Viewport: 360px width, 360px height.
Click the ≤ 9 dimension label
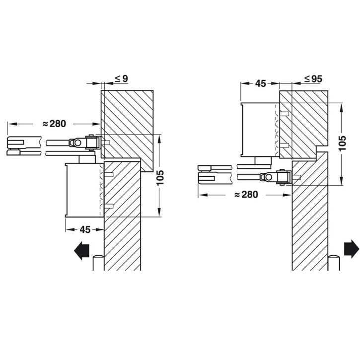tap(121, 79)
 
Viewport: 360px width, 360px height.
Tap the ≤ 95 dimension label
tap(313, 79)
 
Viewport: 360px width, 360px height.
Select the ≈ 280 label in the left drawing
tap(55, 124)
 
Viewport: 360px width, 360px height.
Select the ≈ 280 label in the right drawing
tap(246, 195)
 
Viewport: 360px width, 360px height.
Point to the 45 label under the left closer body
tap(85, 229)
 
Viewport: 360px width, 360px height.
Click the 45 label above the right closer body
tap(261, 83)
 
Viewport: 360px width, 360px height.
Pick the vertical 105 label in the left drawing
tap(160, 177)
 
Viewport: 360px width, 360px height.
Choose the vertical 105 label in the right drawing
tap(342, 144)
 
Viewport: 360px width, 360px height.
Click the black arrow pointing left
tap(81, 250)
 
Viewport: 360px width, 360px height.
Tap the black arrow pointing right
tap(352, 249)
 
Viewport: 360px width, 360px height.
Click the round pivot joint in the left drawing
tap(77, 143)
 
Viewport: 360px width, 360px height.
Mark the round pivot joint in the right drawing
tap(268, 177)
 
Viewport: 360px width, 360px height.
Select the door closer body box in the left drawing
tap(84, 190)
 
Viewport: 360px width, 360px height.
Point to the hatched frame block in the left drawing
tap(127, 131)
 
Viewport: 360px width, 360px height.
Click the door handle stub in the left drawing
tap(98, 263)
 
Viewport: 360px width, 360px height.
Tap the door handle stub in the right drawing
tap(334, 263)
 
